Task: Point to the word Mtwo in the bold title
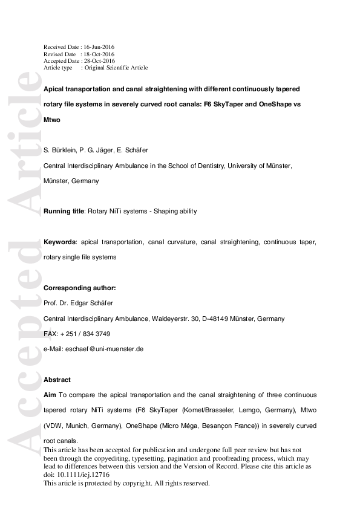[x=52, y=120]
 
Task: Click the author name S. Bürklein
[x=59, y=150]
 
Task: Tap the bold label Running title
[x=64, y=212]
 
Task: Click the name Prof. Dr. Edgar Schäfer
[x=77, y=303]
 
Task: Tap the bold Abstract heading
[x=57, y=380]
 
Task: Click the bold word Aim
[x=50, y=395]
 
